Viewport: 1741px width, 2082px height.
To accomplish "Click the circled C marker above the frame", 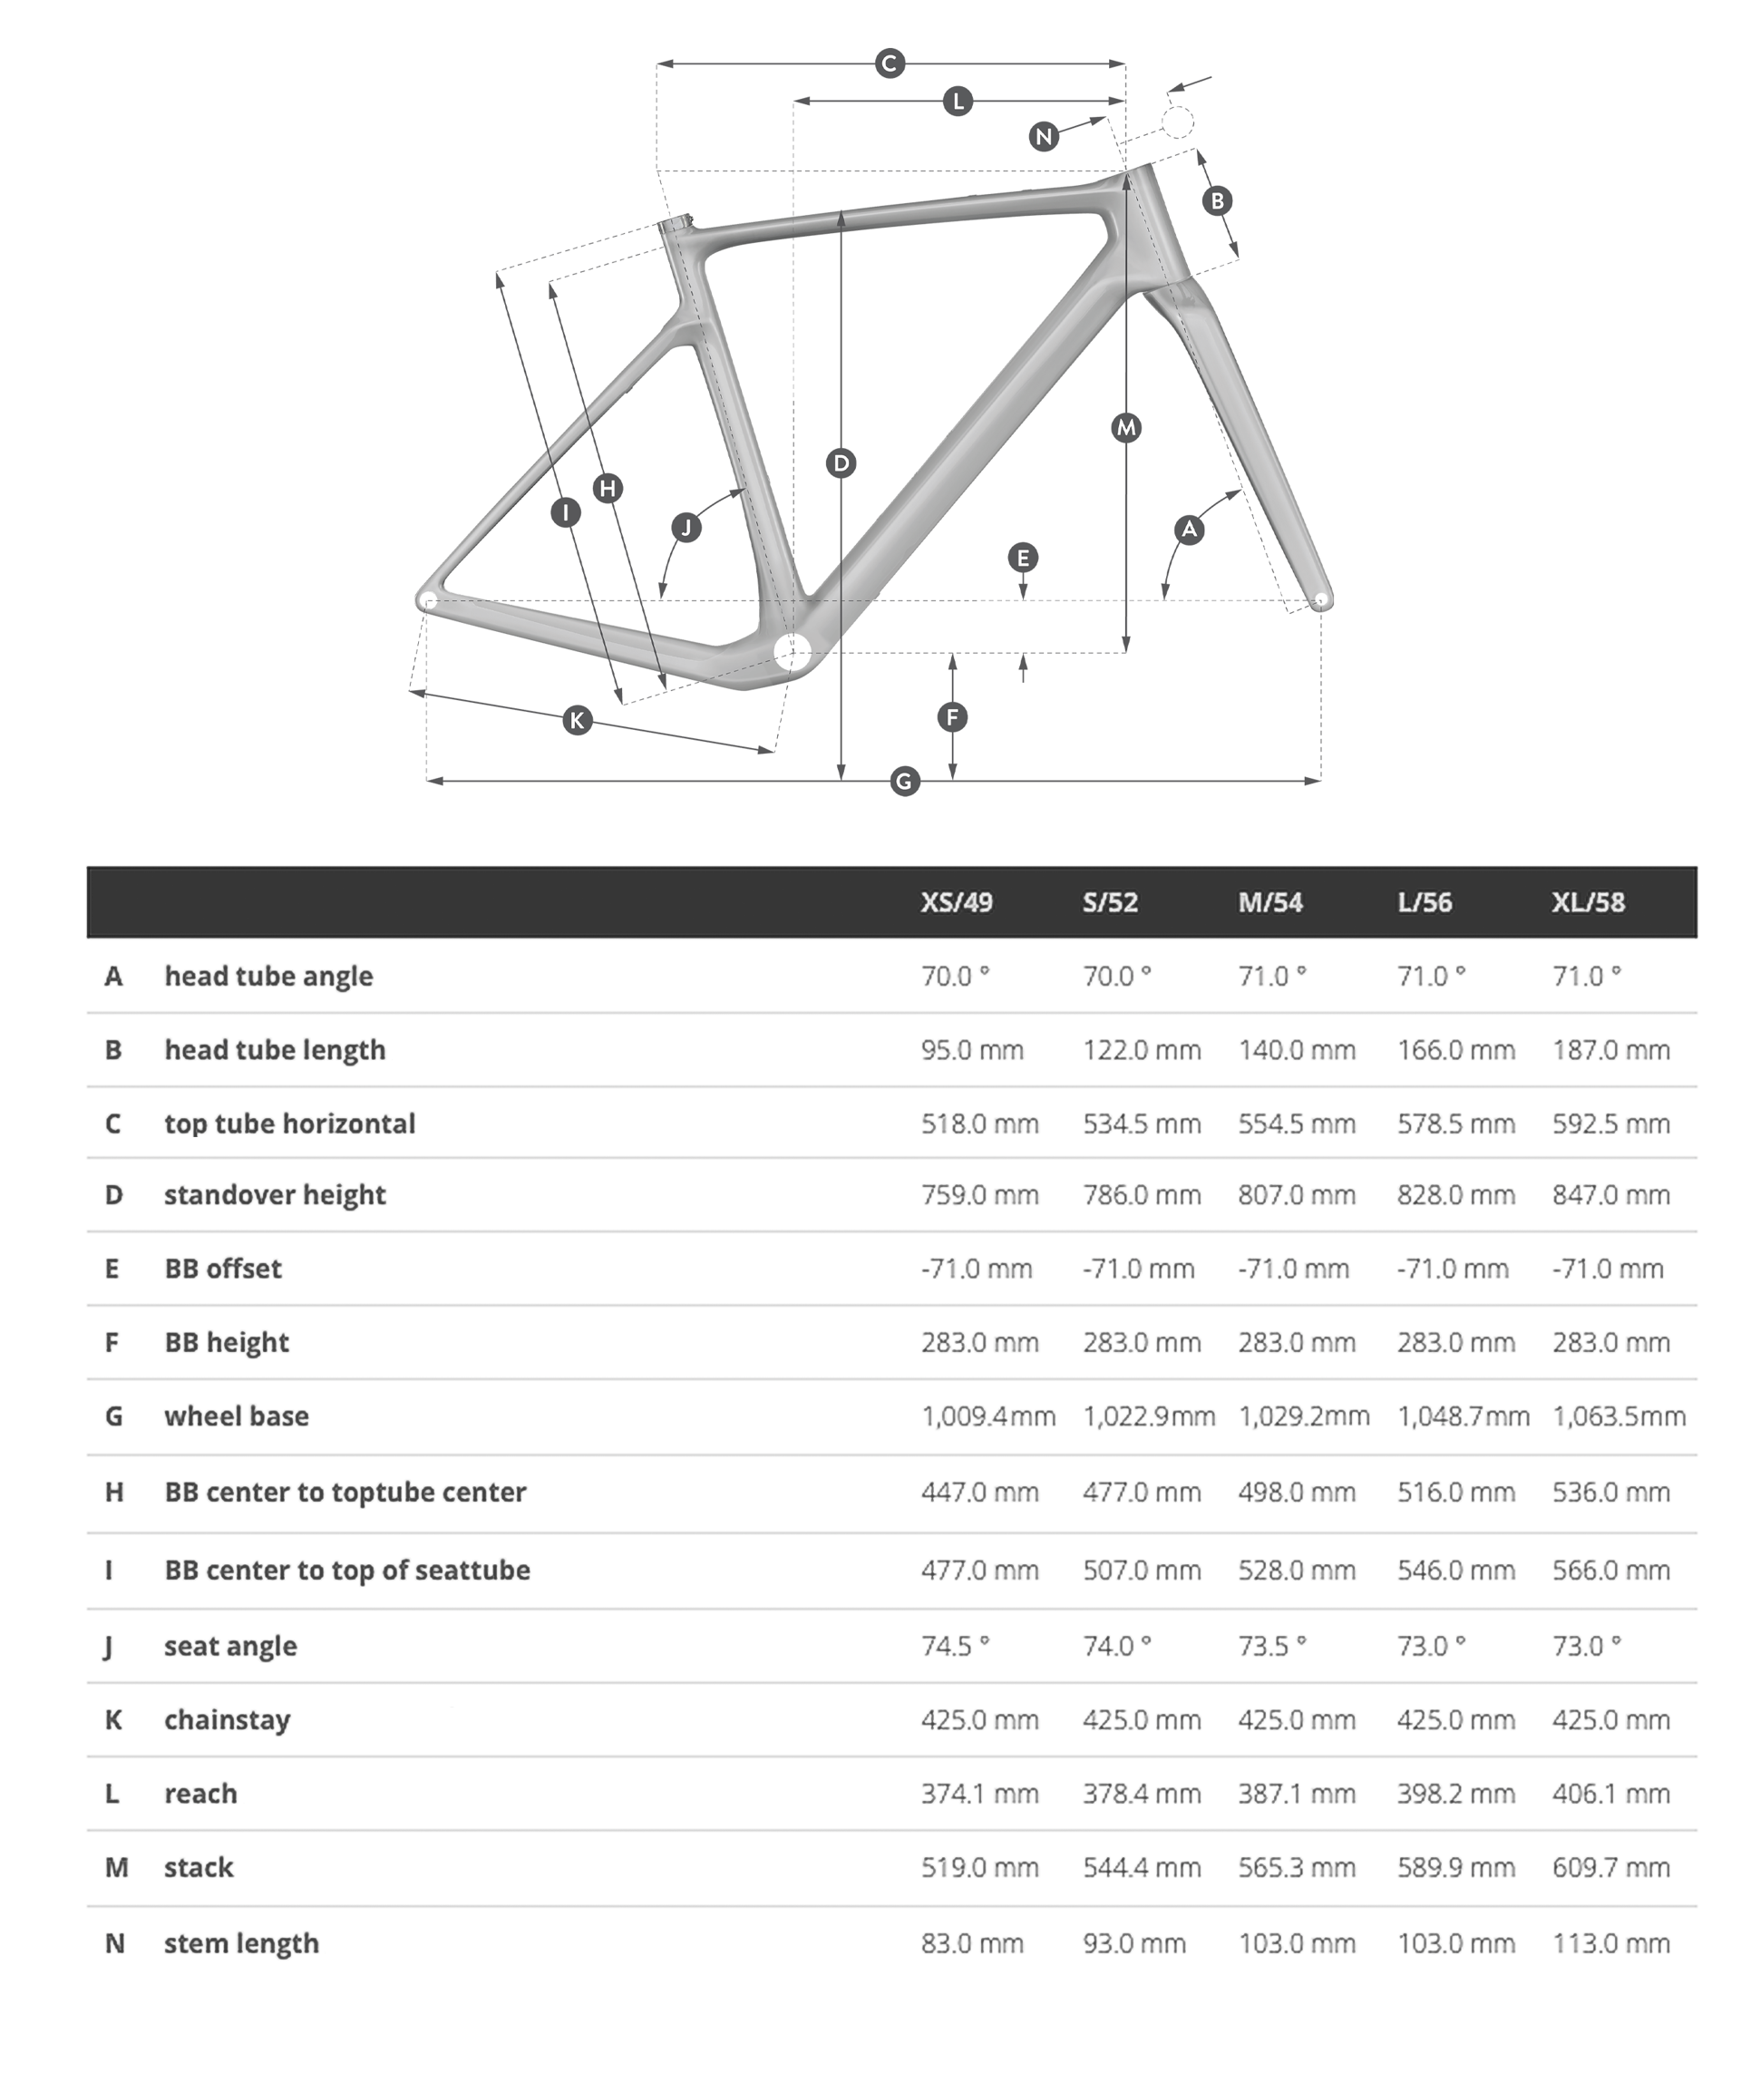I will tap(890, 63).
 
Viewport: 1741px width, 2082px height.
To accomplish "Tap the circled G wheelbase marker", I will tap(903, 782).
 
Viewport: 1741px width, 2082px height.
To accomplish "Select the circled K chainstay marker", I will tap(577, 720).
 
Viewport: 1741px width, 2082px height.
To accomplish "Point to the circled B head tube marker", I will tap(1217, 201).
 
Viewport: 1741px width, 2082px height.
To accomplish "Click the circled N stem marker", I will tap(1043, 137).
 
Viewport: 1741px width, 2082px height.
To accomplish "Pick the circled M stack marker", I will tap(1125, 428).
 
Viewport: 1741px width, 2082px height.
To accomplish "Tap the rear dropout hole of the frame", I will tap(428, 599).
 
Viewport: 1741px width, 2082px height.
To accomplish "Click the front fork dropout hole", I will tap(1319, 599).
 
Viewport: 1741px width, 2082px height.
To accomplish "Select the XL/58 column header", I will tap(1588, 902).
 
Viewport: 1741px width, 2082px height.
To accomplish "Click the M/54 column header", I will tap(1270, 902).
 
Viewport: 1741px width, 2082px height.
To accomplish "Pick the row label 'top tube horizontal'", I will tap(289, 1124).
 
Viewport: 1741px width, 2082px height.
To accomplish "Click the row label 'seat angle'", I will tap(230, 1646).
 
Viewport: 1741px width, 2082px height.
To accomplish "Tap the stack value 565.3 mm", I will tap(1296, 1868).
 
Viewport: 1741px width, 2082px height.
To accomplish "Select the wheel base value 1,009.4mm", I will tap(987, 1416).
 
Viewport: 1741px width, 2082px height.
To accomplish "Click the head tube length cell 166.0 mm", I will tap(1455, 1050).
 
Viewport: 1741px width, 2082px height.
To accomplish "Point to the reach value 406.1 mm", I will tap(1610, 1794).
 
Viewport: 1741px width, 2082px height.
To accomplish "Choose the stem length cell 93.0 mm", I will tap(1133, 1943).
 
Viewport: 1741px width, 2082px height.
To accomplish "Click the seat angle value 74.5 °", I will tap(955, 1646).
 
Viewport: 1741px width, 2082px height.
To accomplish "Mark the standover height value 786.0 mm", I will tap(1141, 1194).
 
